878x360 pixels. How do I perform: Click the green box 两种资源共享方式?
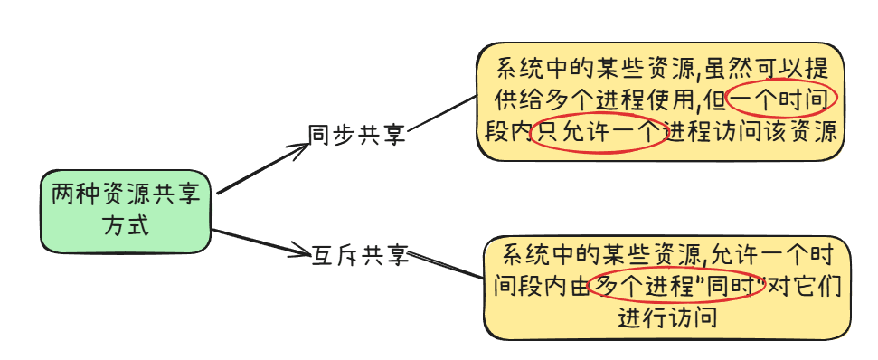[126, 210]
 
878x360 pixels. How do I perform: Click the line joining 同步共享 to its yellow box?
[441, 113]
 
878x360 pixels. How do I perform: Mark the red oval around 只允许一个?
[597, 133]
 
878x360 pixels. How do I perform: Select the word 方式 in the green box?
[126, 225]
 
